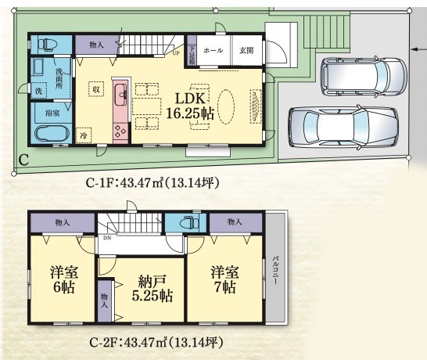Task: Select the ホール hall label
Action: click(213, 50)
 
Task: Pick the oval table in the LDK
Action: click(227, 105)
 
